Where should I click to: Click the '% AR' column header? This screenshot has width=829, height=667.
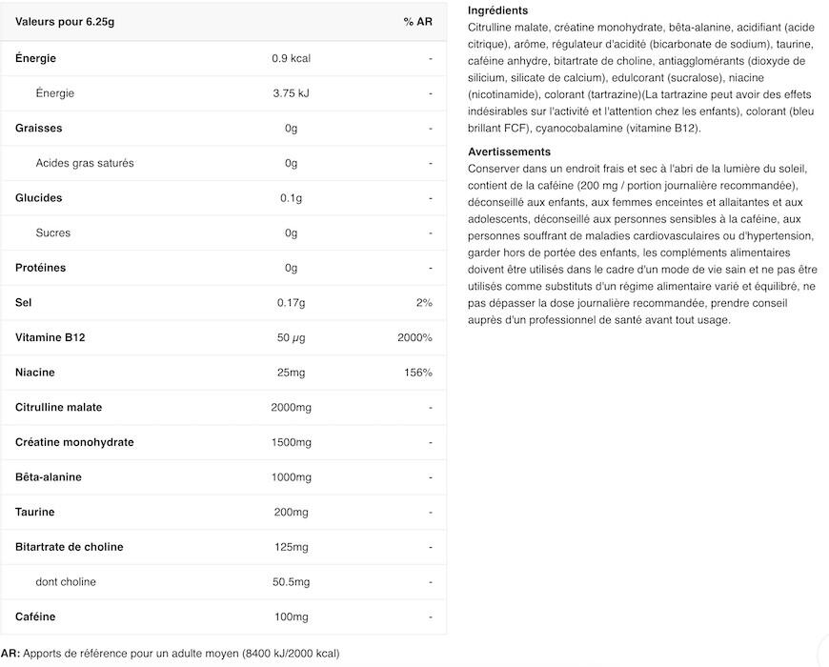click(417, 22)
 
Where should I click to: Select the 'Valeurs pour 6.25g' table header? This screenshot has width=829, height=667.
click(64, 22)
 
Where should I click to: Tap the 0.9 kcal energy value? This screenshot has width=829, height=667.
click(291, 58)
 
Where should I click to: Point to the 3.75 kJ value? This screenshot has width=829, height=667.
click(291, 93)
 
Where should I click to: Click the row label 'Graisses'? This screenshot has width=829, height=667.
click(39, 128)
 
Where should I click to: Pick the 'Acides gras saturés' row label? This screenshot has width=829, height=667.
click(85, 163)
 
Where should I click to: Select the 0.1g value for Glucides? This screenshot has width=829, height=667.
click(291, 198)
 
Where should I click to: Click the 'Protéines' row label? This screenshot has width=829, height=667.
click(41, 268)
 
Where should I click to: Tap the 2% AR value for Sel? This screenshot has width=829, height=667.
click(424, 303)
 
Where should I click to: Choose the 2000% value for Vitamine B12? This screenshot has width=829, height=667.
click(414, 337)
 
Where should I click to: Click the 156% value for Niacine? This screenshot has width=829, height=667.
click(418, 373)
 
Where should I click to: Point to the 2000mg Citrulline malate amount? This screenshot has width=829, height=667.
click(291, 408)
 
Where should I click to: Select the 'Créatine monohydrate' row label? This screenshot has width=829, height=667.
click(74, 442)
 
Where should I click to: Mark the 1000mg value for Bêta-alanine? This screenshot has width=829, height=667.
click(291, 477)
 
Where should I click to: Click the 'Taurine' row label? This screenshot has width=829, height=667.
click(35, 512)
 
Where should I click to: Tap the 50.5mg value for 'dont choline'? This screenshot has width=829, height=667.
click(291, 582)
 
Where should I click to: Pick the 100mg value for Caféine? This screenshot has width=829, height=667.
click(291, 616)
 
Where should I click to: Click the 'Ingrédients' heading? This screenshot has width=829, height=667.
click(497, 10)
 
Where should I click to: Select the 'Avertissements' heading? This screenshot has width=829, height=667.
click(509, 152)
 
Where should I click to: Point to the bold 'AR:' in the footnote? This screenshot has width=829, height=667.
click(10, 654)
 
